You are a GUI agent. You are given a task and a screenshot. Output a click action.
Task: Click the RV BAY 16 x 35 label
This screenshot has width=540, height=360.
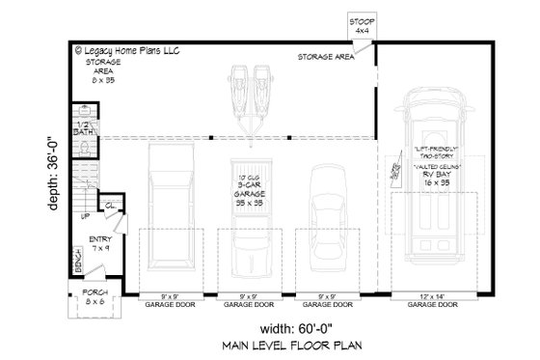(437, 175)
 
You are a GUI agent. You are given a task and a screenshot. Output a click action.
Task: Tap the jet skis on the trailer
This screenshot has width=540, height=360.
(250, 85)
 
